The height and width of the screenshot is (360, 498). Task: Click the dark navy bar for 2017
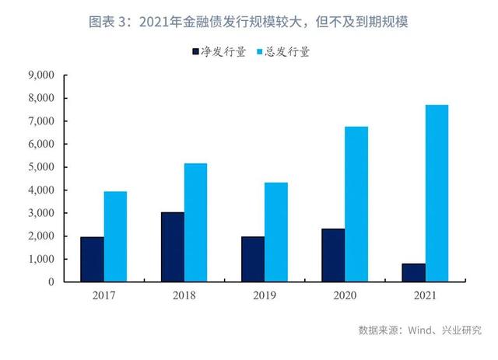coord(92,259)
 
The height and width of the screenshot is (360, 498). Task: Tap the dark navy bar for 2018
coord(173,246)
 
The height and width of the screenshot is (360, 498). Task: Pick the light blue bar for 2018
coord(196,222)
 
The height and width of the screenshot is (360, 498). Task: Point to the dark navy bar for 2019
coord(253,259)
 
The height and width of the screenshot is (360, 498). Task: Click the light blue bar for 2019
coord(276,232)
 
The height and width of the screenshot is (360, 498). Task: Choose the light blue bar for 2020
coord(356,204)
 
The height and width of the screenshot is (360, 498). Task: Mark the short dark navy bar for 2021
coord(413,272)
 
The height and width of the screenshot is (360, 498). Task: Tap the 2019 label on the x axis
coord(265,295)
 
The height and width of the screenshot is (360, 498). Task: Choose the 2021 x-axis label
coord(425,295)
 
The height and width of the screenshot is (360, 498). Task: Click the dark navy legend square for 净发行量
coord(196,52)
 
